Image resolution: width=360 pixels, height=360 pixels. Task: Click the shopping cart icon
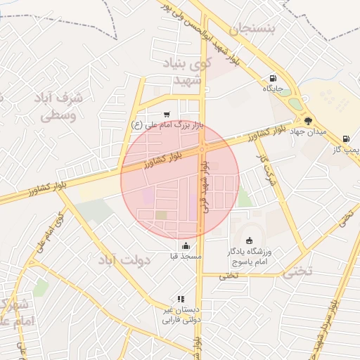point(167,115)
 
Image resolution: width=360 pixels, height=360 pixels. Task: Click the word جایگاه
point(273,89)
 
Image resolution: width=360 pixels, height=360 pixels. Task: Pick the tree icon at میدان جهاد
point(307,121)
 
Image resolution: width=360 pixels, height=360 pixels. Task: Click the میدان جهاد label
point(307,131)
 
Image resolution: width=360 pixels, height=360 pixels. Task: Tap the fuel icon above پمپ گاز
point(345,139)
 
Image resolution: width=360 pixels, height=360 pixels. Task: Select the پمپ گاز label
point(347,150)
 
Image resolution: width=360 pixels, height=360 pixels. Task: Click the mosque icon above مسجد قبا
point(186,245)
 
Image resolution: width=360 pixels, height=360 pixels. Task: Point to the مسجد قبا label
point(186,257)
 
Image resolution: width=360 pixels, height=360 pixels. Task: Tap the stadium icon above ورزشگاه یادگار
point(248,241)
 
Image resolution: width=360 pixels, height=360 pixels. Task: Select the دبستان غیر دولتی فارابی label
point(181,314)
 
